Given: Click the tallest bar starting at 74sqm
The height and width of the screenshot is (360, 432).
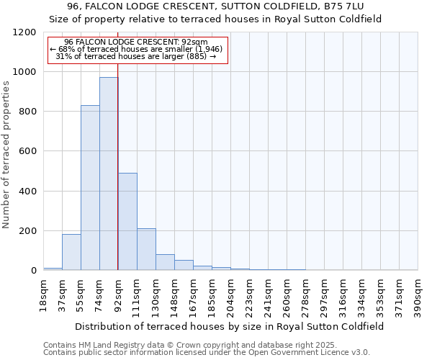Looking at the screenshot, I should tap(109, 174).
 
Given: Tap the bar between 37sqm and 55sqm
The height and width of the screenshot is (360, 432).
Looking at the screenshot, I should tap(71, 252).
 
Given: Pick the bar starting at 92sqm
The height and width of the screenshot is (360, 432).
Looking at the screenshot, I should tap(127, 222).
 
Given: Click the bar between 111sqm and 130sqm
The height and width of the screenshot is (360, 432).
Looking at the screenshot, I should tap(146, 249).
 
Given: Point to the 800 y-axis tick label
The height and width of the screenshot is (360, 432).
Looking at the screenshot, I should tap(28, 112).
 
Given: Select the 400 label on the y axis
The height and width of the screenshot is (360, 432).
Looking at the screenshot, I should tap(28, 192).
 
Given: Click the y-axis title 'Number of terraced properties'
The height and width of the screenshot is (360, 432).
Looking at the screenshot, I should tap(6, 155).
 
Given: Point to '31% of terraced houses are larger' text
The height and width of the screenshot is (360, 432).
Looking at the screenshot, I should tap(135, 56).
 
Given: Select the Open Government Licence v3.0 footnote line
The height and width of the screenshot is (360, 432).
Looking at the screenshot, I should tap(207, 353).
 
